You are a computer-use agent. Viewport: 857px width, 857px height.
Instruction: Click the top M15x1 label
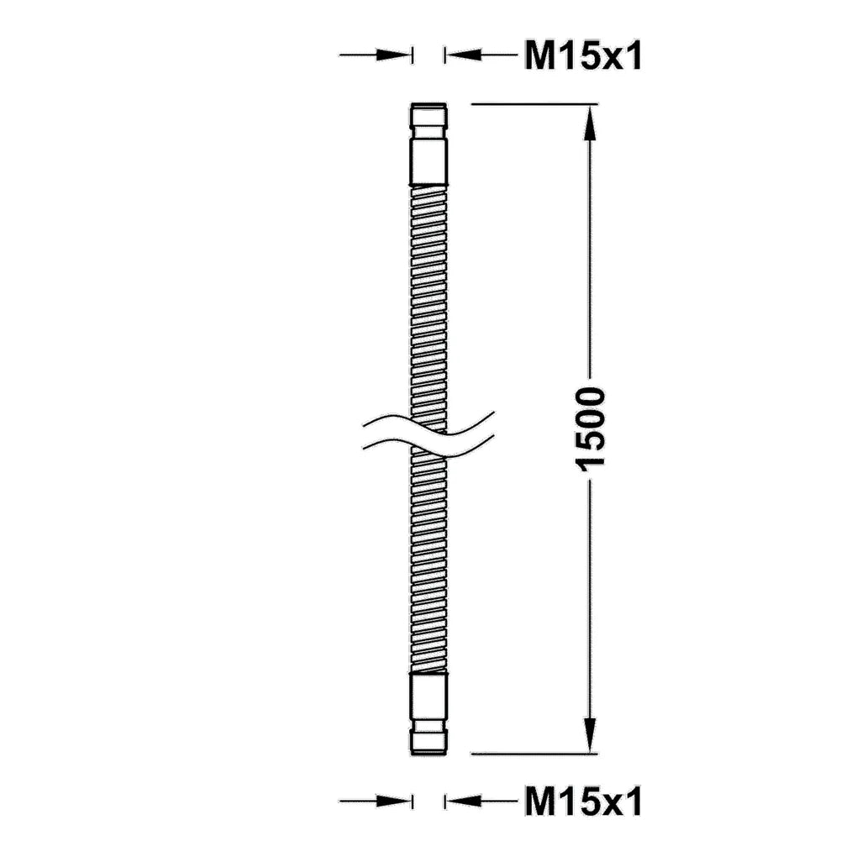tap(583, 55)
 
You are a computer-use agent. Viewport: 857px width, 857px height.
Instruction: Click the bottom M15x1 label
tap(583, 802)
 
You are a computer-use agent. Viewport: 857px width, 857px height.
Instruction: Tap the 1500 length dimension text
tap(591, 429)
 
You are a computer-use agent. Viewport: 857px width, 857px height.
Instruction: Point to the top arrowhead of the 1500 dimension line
tap(589, 122)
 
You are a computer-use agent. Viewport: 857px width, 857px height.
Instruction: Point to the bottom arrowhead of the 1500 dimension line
tap(589, 736)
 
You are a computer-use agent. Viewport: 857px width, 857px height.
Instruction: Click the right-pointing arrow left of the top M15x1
tap(376, 55)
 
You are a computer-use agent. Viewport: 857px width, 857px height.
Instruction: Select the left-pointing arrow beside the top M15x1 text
tap(481, 55)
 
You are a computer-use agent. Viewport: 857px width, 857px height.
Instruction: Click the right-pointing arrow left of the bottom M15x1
tap(376, 802)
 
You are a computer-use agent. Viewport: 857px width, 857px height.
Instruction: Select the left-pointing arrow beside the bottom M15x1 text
tap(481, 802)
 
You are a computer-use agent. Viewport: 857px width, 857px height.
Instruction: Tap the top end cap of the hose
tap(429, 115)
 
